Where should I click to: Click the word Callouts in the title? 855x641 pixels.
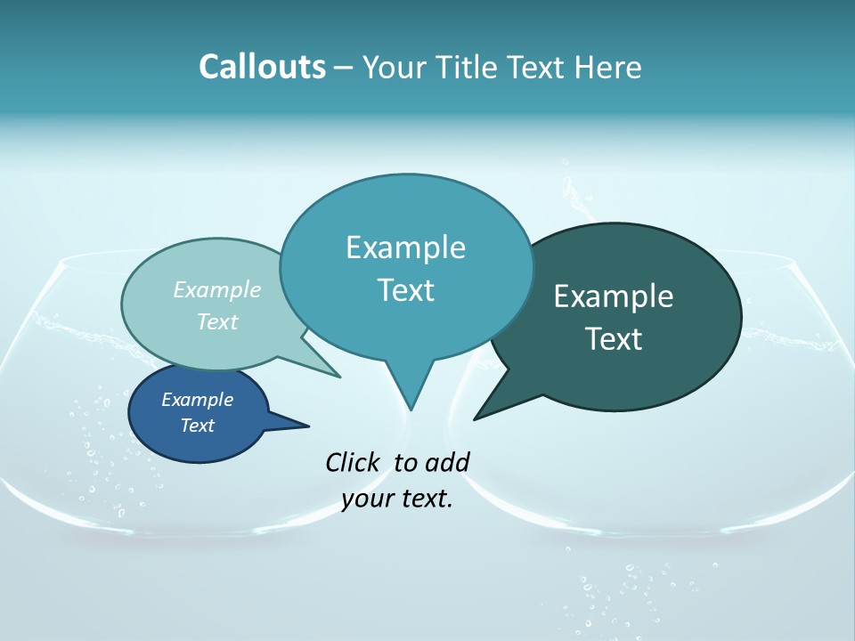(x=263, y=67)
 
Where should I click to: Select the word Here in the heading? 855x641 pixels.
(x=608, y=67)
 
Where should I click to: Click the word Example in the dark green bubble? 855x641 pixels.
(x=614, y=296)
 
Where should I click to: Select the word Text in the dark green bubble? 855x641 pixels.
(x=614, y=339)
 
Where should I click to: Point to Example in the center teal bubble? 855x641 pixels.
(x=405, y=247)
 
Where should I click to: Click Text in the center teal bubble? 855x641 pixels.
(x=405, y=290)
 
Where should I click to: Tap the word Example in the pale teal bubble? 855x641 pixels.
(x=217, y=289)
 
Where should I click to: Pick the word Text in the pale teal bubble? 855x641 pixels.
(x=217, y=321)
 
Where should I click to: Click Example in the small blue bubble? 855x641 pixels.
(x=197, y=400)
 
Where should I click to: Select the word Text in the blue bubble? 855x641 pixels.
(x=197, y=426)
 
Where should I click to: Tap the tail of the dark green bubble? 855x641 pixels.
(x=485, y=411)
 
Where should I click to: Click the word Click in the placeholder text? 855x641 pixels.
(x=353, y=462)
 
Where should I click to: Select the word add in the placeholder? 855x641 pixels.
(x=447, y=462)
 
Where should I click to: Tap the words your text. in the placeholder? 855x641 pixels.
(x=397, y=499)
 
